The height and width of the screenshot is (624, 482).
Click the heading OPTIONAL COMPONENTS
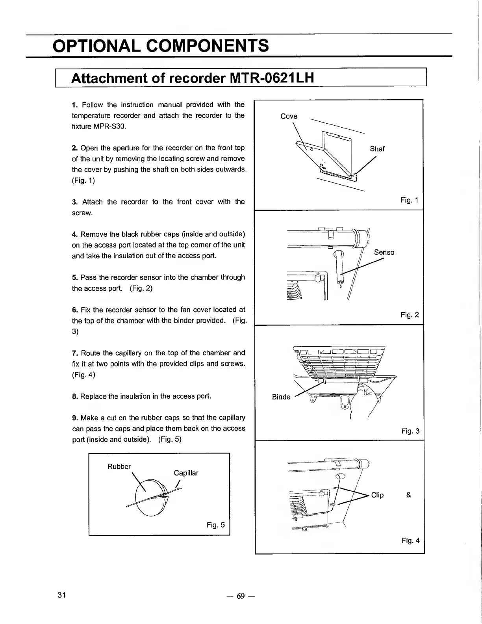[161, 45]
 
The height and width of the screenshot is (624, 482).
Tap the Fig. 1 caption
[410, 200]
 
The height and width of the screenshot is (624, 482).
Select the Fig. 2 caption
[410, 315]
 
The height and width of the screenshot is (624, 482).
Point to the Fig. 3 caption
[410, 431]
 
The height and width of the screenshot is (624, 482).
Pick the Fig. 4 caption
[410, 540]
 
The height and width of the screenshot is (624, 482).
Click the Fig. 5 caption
[216, 525]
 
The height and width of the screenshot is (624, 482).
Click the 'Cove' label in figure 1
[289, 116]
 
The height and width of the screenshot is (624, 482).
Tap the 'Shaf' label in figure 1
[377, 149]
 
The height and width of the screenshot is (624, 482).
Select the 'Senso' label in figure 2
[384, 252]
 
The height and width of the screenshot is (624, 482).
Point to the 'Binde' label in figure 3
[281, 397]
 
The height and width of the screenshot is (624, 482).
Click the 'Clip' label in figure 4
[377, 495]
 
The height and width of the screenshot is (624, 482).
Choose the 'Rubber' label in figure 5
[119, 466]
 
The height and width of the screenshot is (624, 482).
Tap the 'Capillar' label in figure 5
[186, 473]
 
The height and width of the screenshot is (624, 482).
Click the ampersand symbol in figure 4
[408, 495]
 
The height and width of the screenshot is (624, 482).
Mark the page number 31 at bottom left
[61, 594]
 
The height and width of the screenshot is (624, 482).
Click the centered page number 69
[241, 596]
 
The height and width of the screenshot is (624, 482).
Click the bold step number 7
[74, 353]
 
